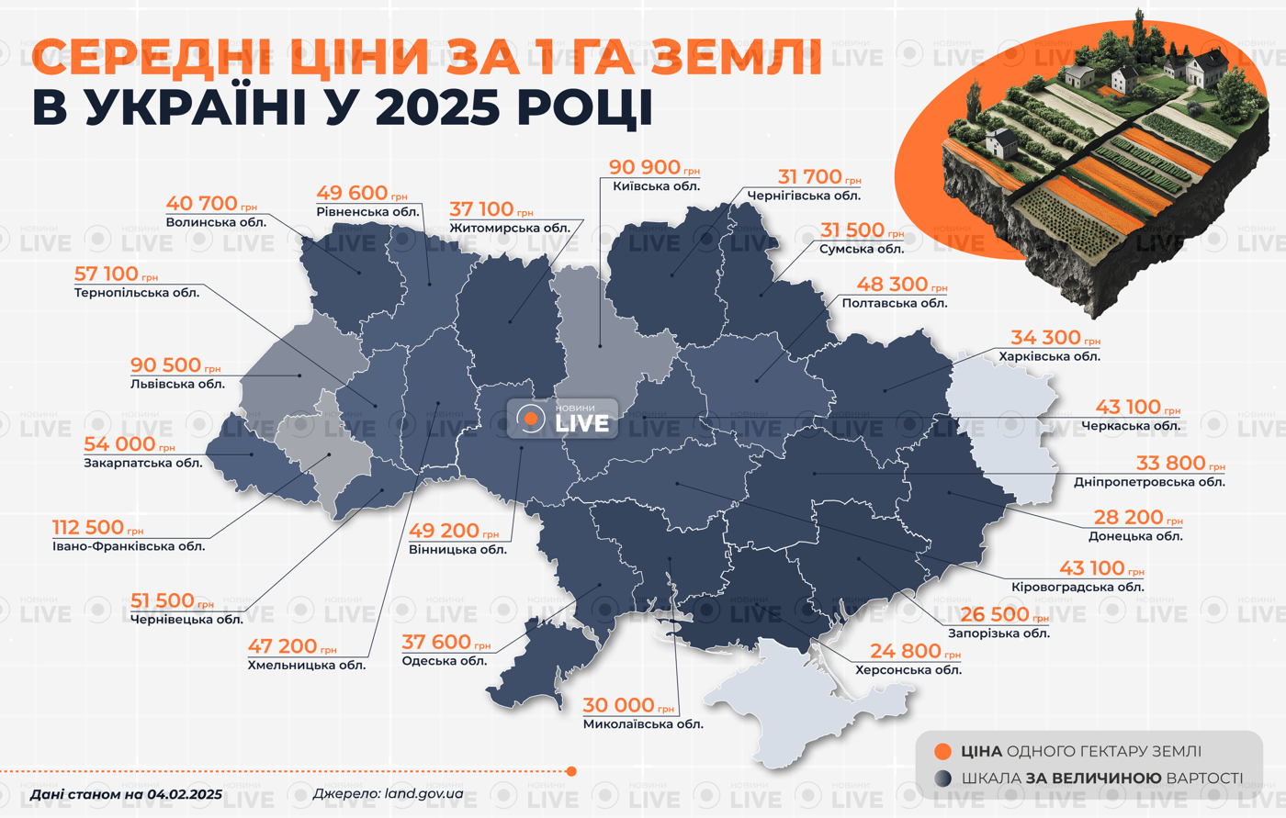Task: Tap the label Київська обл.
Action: [656, 186]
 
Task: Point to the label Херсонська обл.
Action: [908, 670]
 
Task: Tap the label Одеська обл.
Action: [445, 661]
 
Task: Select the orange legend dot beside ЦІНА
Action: [942, 752]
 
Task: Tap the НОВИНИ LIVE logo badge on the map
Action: [562, 420]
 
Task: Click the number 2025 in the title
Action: [439, 108]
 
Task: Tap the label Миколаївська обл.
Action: [643, 724]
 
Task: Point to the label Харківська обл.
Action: [1049, 356]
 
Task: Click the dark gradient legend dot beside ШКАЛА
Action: [942, 779]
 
